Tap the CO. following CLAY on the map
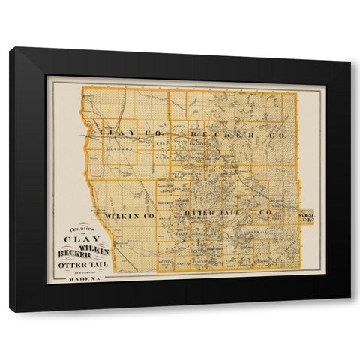click(153, 133)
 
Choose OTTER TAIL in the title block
click(82, 265)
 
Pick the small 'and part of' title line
click(82, 272)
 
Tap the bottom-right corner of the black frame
click(349, 310)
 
